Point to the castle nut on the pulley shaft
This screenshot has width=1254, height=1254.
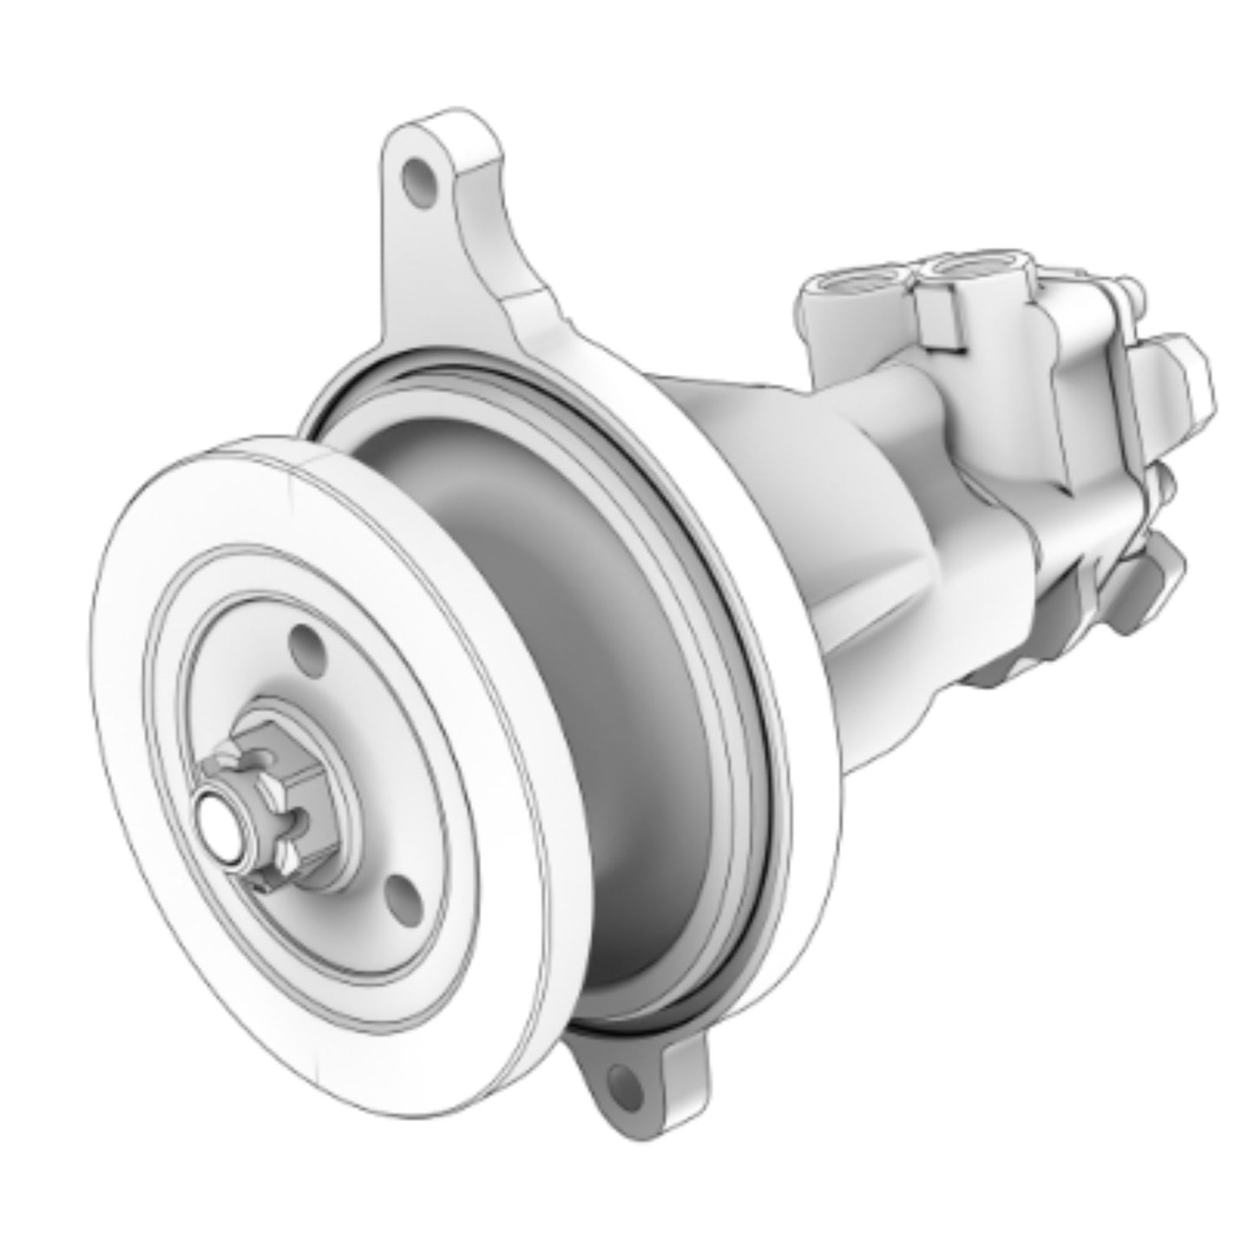260,811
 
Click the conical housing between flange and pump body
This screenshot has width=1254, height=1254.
781,486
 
